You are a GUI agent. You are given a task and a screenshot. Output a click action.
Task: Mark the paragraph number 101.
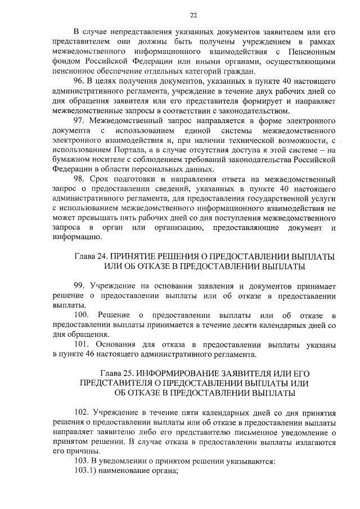coord(83,344)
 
